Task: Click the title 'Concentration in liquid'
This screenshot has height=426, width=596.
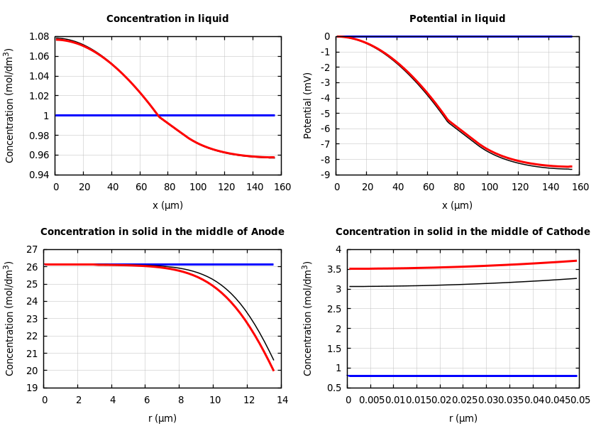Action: (x=167, y=19)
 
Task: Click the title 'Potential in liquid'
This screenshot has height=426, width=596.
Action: (x=457, y=19)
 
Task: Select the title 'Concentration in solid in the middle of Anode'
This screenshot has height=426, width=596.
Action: (x=162, y=232)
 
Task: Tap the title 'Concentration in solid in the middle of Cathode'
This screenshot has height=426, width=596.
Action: (x=462, y=232)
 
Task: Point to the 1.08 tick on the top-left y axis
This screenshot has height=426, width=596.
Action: (x=40, y=36)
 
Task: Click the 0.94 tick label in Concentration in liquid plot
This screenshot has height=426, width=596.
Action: (x=40, y=175)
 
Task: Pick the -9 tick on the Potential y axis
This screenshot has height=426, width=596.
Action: (x=326, y=175)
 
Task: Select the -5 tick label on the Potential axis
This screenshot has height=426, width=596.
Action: (x=326, y=114)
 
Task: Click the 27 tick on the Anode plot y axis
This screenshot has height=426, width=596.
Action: (x=31, y=250)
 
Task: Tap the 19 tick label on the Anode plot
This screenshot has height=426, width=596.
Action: (x=31, y=388)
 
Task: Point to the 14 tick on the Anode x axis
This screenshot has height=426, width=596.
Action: (x=282, y=400)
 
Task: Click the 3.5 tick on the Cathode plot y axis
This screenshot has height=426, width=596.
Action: (x=334, y=270)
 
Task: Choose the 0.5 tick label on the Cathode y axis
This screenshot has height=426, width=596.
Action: (x=334, y=388)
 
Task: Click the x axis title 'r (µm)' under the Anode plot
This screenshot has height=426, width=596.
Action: (x=162, y=418)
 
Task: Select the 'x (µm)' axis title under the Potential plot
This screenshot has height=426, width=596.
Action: (x=457, y=205)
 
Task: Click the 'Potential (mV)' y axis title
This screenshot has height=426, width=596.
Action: (x=308, y=105)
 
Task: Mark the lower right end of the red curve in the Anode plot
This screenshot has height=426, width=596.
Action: (x=273, y=370)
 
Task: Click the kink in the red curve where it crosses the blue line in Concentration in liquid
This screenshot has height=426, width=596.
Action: (x=158, y=115)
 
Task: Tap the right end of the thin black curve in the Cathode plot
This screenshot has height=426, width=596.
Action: (x=576, y=278)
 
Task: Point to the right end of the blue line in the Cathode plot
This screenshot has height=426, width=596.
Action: (x=576, y=376)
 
